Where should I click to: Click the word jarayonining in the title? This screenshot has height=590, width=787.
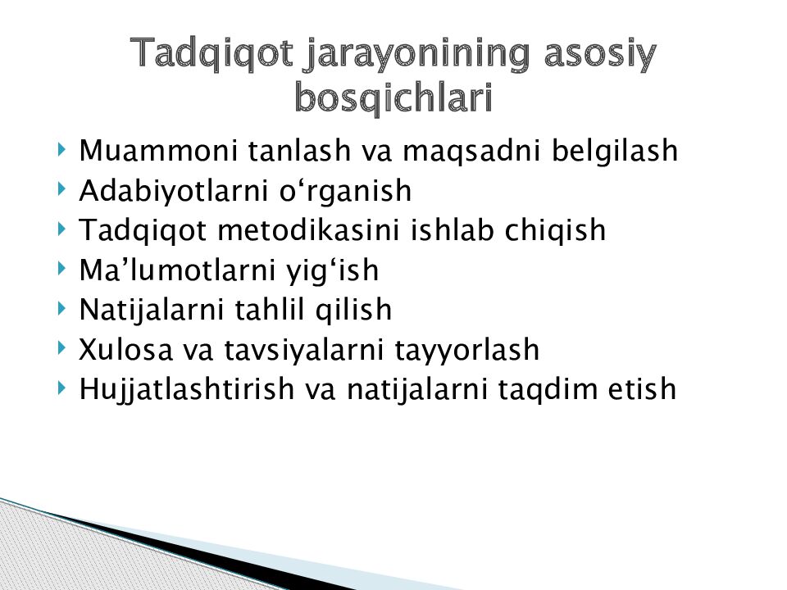(x=417, y=54)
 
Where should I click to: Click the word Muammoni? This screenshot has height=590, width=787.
(x=158, y=150)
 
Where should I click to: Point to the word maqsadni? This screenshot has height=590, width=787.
(x=471, y=151)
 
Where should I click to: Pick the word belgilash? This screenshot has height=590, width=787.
(x=615, y=151)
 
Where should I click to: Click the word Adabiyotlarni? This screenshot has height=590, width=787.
(x=173, y=191)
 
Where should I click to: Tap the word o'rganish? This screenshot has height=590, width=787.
(x=345, y=191)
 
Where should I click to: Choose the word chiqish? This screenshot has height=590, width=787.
(x=555, y=231)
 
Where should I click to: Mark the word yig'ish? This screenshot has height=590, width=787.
(x=332, y=271)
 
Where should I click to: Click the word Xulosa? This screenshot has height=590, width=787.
(x=125, y=349)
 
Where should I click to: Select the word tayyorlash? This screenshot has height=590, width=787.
(x=466, y=350)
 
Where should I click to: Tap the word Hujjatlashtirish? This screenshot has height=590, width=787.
(x=186, y=389)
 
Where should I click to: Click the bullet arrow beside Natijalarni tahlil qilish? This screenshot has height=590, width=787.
(x=61, y=307)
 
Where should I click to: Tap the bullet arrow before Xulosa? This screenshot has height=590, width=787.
(x=61, y=347)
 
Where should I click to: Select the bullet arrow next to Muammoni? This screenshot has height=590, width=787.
(x=61, y=149)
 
